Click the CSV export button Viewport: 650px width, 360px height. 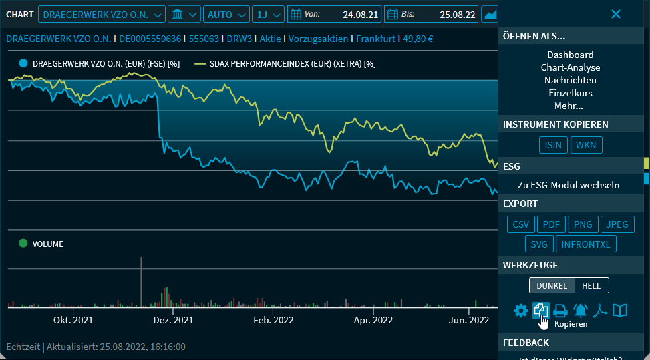(520, 224)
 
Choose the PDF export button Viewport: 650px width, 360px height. (551, 224)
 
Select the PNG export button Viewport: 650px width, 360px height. (583, 224)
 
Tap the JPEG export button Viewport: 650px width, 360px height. (617, 224)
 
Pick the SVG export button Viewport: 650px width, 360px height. (538, 244)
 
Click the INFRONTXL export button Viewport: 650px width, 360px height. (586, 244)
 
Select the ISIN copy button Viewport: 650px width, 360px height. (553, 145)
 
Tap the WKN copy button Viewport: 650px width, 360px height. (587, 145)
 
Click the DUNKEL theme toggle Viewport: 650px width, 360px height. (552, 285)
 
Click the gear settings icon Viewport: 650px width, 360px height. (520, 311)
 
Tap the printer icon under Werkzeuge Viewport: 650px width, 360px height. (560, 311)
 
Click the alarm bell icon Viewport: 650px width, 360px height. (580, 311)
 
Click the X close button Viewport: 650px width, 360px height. (616, 14)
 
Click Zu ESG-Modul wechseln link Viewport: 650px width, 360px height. (568, 185)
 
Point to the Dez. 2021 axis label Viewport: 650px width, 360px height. (173, 320)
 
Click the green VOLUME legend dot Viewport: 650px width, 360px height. (23, 244)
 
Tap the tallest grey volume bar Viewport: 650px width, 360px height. (141, 281)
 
